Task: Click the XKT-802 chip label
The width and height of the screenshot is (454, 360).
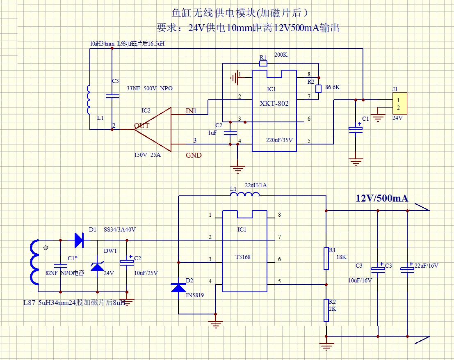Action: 274,103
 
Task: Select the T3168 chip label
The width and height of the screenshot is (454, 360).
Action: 243,257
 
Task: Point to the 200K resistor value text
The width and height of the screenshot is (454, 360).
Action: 281,55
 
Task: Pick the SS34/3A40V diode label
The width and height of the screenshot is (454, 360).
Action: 120,229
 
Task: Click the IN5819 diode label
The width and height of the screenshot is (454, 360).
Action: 195,295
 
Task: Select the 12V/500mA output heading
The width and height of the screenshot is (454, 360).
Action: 382,198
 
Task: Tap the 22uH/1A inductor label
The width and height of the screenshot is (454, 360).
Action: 256,185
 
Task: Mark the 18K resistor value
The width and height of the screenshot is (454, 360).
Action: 341,257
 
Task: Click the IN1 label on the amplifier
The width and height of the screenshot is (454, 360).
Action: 191,111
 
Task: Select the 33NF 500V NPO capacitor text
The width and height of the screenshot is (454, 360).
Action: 149,88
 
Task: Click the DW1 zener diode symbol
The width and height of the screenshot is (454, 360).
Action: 97,266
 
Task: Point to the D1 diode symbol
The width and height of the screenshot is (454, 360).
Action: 79,240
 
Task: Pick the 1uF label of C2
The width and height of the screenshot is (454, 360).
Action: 212,133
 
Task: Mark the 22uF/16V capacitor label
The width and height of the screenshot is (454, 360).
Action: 427,266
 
